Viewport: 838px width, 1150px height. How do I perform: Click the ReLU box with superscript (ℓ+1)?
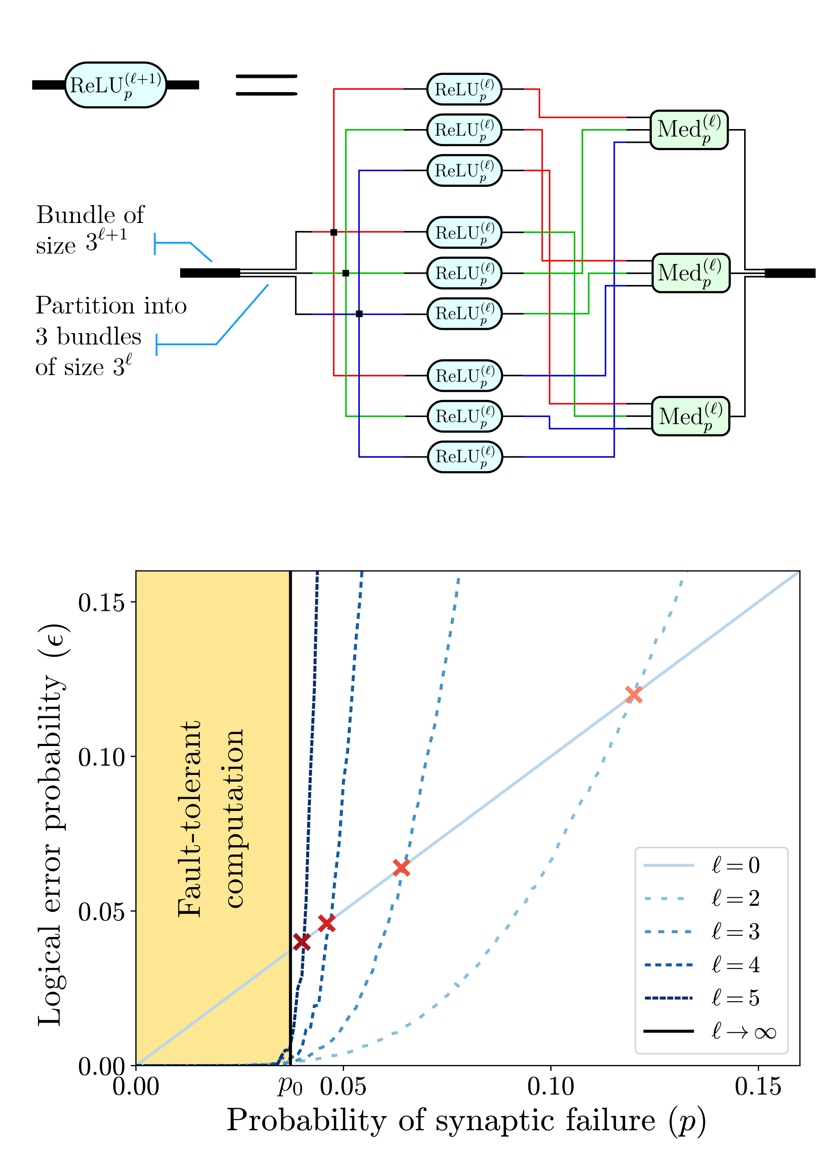[116, 85]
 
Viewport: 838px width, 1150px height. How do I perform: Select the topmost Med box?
[689, 130]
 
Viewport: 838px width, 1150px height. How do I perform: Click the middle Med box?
[691, 273]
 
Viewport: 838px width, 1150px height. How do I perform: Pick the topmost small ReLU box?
[464, 89]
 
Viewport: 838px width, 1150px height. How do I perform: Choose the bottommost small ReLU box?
[465, 456]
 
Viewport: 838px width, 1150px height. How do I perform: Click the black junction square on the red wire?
[333, 232]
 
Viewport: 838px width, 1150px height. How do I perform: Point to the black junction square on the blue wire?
[359, 314]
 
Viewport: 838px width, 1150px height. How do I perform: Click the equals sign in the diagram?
[266, 85]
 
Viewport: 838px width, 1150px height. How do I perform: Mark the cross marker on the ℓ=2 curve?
[634, 694]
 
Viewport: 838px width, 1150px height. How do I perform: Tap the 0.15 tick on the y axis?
[101, 603]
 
